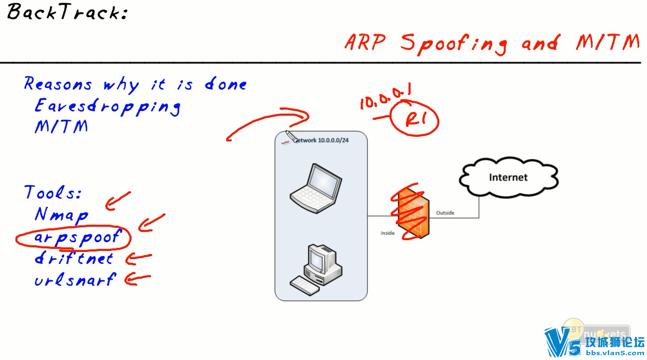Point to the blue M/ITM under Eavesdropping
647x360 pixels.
(61, 127)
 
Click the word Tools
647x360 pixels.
(53, 193)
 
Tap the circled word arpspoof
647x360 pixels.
(77, 237)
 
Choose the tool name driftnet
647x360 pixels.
(73, 258)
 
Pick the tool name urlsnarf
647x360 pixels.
(75, 280)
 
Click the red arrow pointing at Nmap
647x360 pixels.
(117, 201)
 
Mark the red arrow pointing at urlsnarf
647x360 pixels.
(138, 279)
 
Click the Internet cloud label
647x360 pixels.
(508, 177)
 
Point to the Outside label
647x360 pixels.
(445, 213)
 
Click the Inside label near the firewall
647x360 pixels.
(387, 233)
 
